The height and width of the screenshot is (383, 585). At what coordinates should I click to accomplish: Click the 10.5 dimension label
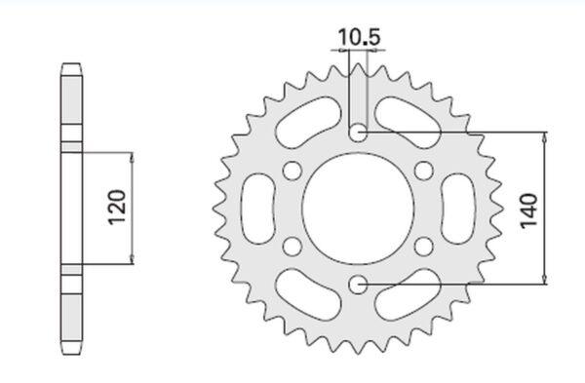pos(359,37)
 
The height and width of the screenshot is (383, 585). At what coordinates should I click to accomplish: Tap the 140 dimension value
pos(528,211)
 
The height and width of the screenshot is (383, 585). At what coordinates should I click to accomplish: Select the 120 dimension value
pos(117,208)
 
